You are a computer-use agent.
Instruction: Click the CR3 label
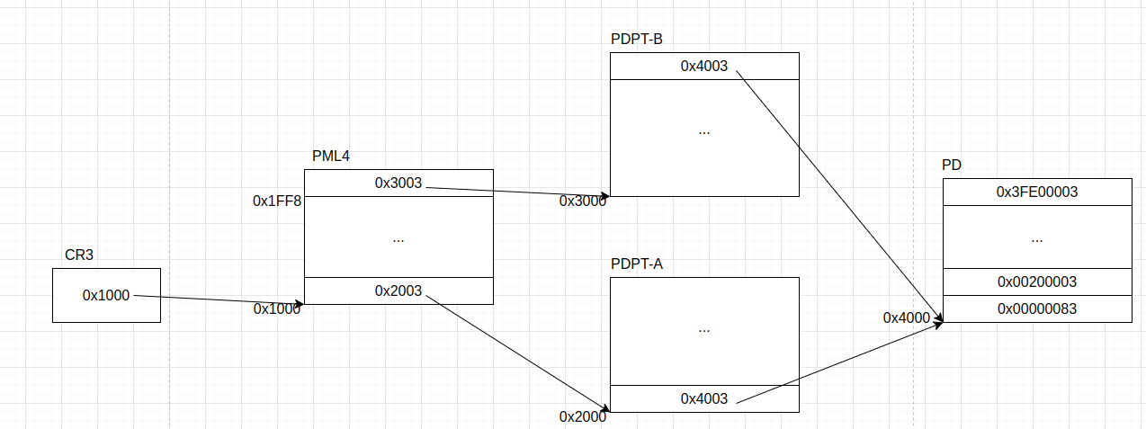[79, 255]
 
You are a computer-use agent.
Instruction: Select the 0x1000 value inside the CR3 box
[106, 295]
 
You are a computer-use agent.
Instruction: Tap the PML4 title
[330, 156]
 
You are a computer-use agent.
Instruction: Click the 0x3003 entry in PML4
[398, 183]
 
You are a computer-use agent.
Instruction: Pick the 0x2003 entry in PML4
[398, 290]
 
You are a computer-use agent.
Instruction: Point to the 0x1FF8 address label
[277, 201]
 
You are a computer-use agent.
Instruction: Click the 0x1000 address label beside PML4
[277, 308]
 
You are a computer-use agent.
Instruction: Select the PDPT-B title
[637, 39]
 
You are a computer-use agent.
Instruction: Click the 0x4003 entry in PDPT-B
[704, 66]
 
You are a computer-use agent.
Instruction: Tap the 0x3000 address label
[583, 201]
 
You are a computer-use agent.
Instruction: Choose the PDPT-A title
[637, 264]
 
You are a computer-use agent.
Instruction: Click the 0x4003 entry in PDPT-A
[704, 398]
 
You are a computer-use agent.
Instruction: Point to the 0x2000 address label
[583, 416]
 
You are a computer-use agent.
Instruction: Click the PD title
[952, 165]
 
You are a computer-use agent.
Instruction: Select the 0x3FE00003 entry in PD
[1037, 192]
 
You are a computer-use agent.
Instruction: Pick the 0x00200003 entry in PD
[1037, 282]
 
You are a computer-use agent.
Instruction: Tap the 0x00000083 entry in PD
[1037, 308]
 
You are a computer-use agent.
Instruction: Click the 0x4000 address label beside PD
[907, 317]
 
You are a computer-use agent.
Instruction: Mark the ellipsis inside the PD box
[1037, 240]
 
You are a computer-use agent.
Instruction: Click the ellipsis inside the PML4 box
[398, 240]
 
